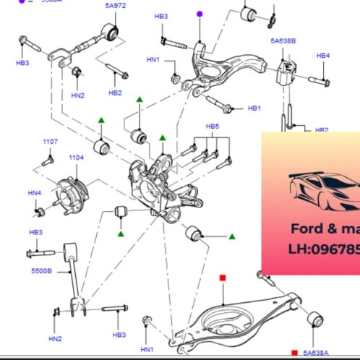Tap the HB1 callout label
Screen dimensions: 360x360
tap(254, 108)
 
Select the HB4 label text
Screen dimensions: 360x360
tap(322, 56)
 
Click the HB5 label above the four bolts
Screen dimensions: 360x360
tap(212, 126)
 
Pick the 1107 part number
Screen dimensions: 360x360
tap(50, 142)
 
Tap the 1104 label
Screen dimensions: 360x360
tap(77, 157)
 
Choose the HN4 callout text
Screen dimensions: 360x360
tap(35, 192)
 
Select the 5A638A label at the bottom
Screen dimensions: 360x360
tap(316, 353)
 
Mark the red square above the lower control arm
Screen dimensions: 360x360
tap(223, 278)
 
